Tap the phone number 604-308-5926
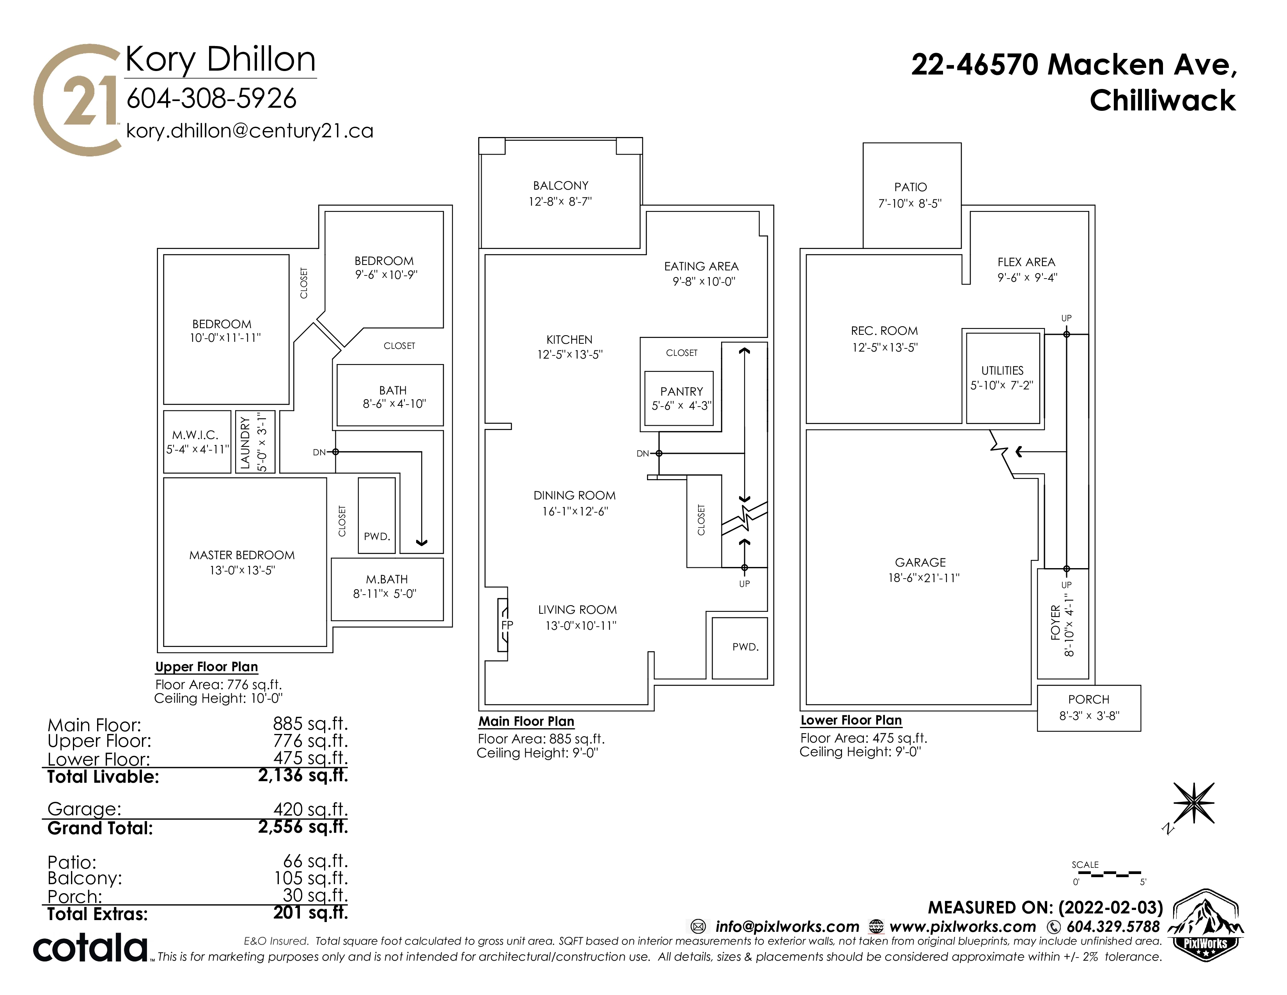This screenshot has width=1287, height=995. point(211,98)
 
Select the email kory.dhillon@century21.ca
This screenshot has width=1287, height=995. point(250,131)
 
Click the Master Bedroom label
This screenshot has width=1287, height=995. point(242,555)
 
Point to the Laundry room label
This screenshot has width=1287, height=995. point(246,443)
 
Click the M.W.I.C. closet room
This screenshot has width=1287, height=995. point(197,441)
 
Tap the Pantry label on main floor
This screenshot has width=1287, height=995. point(682,391)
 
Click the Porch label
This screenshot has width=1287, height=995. point(1089,700)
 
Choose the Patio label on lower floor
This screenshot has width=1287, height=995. point(910,187)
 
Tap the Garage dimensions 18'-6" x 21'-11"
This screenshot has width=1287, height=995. point(924,578)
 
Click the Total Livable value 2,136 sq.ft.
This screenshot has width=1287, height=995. point(303,775)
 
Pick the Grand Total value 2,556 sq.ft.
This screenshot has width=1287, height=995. point(303,827)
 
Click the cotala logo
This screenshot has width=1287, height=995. point(90,947)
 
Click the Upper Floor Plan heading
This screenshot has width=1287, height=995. point(207,667)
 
